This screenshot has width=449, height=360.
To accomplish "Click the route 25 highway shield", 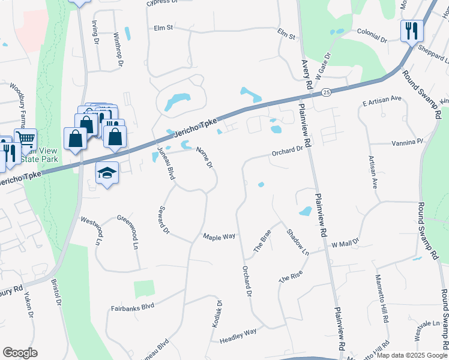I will [326, 92].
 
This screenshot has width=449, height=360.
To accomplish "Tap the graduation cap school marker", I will [107, 173].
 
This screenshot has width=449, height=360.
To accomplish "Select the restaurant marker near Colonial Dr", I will [411, 31].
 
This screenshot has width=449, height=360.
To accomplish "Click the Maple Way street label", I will [218, 236].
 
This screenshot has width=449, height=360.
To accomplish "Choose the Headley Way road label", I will [238, 332].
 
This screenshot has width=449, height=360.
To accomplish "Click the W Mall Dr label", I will [345, 244].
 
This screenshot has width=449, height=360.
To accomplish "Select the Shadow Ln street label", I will [297, 242].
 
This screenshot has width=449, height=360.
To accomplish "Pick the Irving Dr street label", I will [95, 32].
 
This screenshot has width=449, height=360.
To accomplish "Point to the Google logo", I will [20, 353].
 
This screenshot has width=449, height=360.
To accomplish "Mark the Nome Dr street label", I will [205, 157].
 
